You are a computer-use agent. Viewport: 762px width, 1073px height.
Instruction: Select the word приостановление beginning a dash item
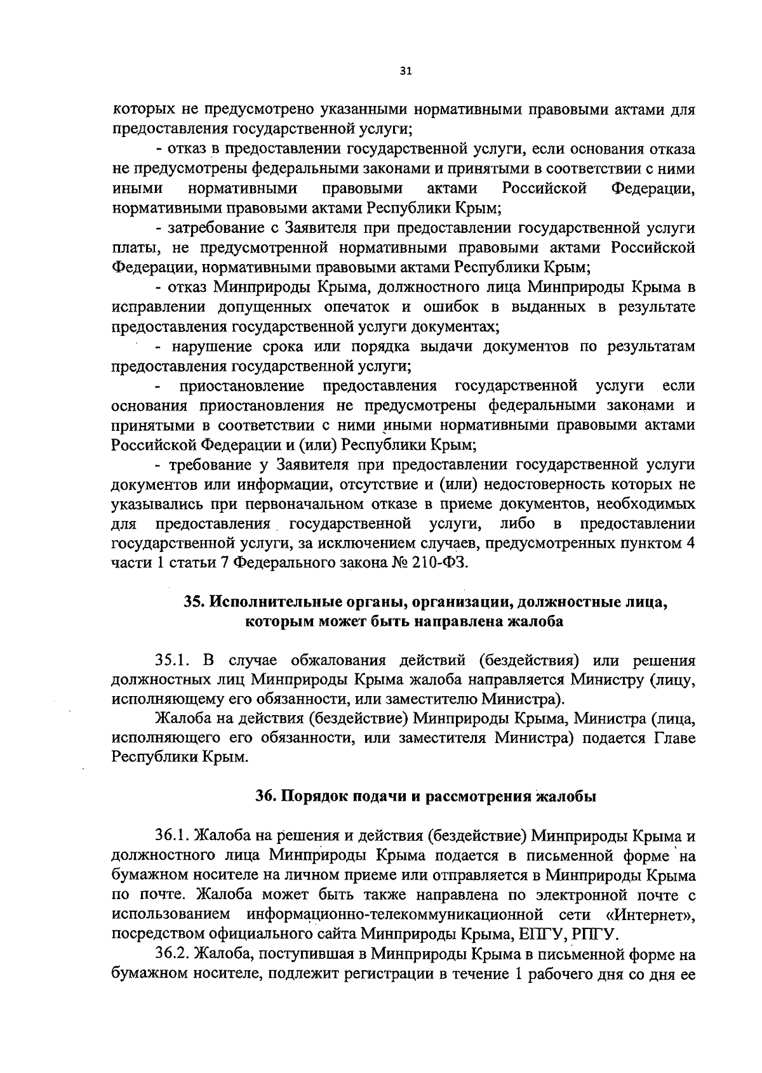pos(242,386)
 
